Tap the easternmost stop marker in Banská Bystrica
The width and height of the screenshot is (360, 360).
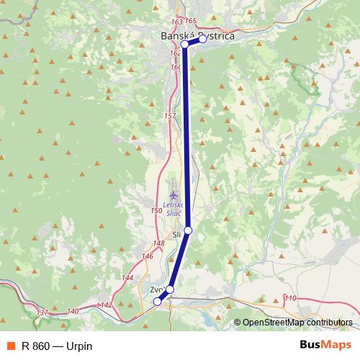pos(203,39)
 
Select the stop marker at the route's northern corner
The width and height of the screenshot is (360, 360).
pos(185,45)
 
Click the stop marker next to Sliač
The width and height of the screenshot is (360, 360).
pos(188,230)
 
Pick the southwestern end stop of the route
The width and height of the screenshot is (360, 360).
pos(158,302)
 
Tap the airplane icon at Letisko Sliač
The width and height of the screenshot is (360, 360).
pos(174,194)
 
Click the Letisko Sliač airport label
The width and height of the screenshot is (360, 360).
pos(174,208)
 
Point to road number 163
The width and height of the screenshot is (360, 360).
pos(179,22)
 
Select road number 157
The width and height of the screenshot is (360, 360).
pos(170,116)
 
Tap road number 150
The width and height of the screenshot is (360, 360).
pos(156,210)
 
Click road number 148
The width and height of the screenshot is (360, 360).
pos(159,243)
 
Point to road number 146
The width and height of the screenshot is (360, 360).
pos(148,256)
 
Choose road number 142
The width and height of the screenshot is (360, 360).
pos(107,305)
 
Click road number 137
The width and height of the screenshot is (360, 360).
pos(42,312)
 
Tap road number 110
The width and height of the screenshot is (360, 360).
pos(291,298)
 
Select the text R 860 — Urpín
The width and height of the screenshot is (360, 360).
pos(57,346)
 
